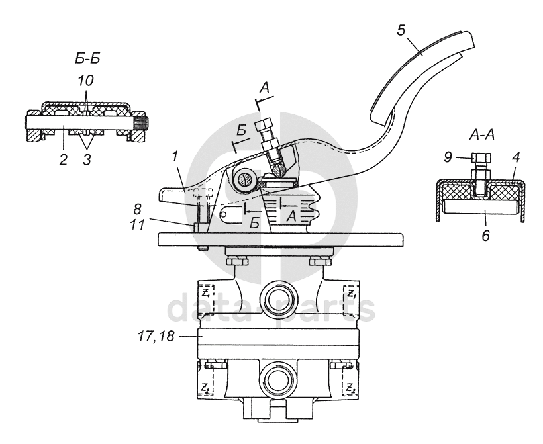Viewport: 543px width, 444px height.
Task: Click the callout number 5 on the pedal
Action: [x=401, y=30]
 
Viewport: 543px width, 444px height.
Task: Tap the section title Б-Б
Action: [x=87, y=58]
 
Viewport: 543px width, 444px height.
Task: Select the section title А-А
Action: [x=481, y=135]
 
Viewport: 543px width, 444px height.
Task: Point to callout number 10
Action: [x=85, y=81]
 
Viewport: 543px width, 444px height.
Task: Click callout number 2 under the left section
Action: [x=63, y=160]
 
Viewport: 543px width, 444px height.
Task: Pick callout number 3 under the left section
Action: [x=87, y=160]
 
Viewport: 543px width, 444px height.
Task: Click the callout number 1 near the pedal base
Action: [x=175, y=156]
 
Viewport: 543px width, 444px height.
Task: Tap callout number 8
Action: [x=138, y=209]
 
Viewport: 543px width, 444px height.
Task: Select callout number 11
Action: [x=137, y=225]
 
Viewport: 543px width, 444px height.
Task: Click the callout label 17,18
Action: [x=156, y=336]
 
